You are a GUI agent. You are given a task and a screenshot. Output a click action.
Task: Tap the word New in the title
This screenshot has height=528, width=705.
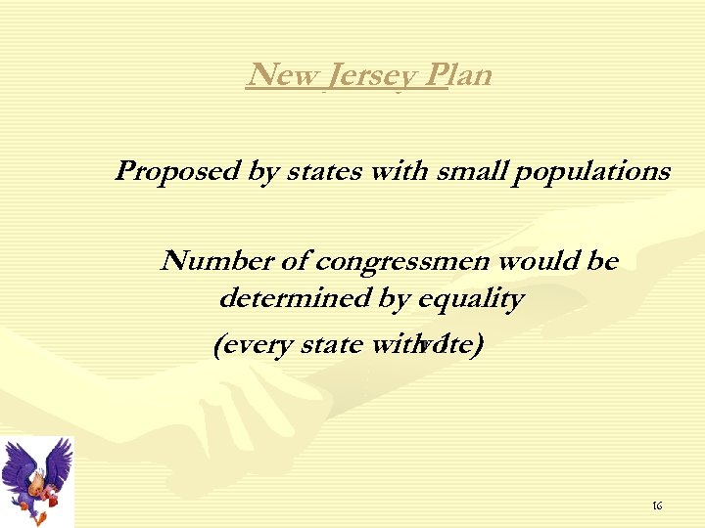click(278, 74)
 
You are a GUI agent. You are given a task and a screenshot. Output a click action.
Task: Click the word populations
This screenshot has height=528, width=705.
click(592, 172)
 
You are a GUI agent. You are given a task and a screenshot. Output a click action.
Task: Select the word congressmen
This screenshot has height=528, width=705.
click(403, 262)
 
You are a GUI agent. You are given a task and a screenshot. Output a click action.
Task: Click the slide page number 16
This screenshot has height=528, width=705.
click(657, 506)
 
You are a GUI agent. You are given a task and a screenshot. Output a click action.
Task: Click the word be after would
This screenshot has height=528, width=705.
click(600, 262)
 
